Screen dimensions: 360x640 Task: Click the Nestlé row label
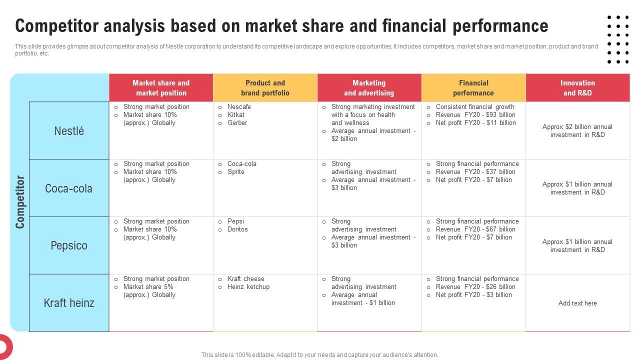[69, 131]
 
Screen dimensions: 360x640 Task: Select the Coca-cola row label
[69, 188]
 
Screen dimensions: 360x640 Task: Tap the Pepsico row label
[69, 245]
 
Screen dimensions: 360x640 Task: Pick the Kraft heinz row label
[69, 303]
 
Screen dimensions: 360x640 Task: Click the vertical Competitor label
[20, 202]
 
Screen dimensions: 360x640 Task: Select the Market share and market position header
[161, 88]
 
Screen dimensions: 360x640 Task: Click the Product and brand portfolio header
[265, 88]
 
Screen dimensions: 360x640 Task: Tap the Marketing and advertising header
[369, 88]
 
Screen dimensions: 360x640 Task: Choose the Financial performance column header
[473, 88]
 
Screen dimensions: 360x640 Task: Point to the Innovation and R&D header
[577, 88]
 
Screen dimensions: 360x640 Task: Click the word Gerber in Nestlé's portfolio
[237, 123]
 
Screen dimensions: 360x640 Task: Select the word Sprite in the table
[236, 172]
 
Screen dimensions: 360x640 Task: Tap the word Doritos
[237, 229]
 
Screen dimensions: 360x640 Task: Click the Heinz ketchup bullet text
[248, 287]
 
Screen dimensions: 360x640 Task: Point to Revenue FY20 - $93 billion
[475, 115]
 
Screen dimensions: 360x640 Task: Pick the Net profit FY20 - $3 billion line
[473, 295]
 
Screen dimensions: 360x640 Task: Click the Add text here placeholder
[577, 303]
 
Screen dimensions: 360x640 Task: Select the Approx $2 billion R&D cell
[577, 131]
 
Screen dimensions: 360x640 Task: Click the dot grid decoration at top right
[618, 39]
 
